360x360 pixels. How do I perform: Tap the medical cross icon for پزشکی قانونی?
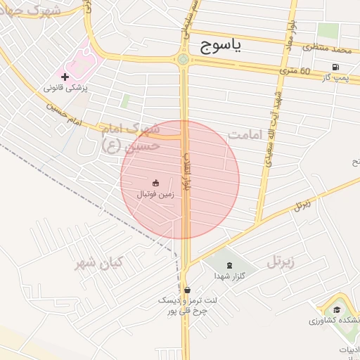[65, 77]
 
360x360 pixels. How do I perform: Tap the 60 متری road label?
[295, 70]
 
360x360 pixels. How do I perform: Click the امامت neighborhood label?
[245, 134]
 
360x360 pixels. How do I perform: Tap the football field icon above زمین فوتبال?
[156, 183]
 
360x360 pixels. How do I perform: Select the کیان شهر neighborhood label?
[99, 262]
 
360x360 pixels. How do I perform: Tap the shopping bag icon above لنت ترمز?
[186, 289]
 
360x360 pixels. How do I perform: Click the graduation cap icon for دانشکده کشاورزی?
[337, 309]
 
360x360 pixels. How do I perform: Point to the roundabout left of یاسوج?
[184, 60]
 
